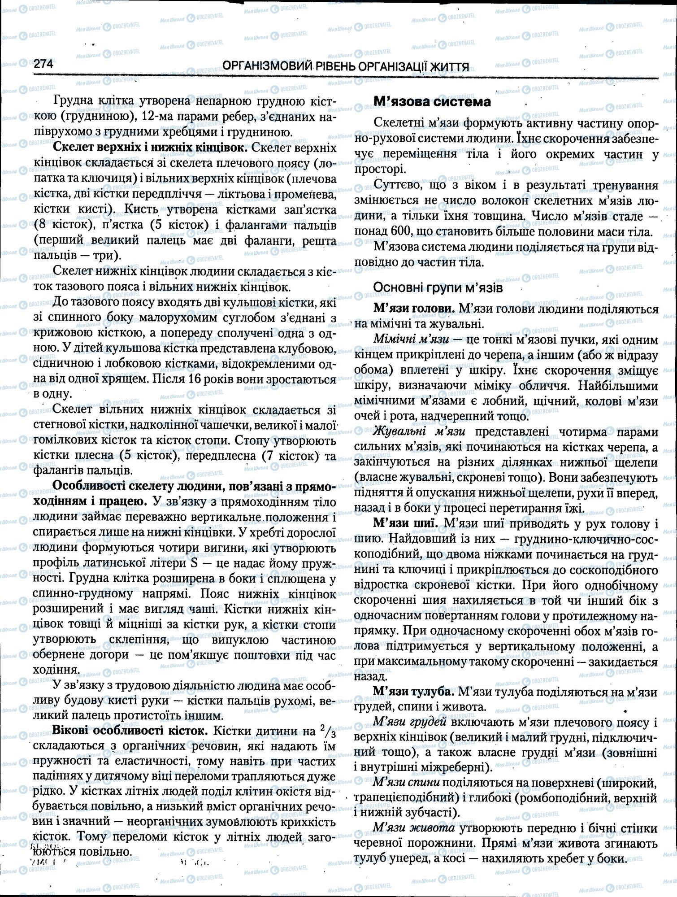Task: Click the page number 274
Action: click(x=43, y=64)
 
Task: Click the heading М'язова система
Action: click(x=432, y=102)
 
